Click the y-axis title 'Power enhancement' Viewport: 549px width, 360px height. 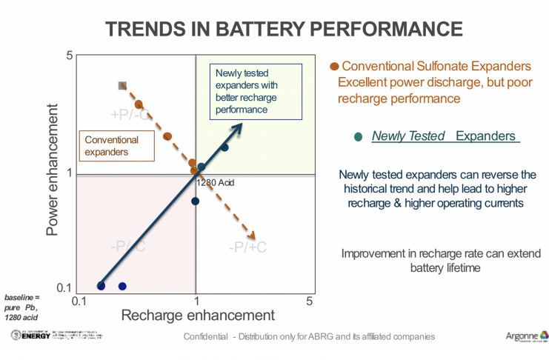click(x=53, y=175)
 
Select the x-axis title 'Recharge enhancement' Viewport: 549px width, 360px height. click(x=198, y=314)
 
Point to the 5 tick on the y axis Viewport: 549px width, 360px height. click(x=69, y=56)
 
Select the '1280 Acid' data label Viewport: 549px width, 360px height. click(x=216, y=182)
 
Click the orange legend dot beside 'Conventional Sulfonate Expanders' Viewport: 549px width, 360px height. click(x=333, y=67)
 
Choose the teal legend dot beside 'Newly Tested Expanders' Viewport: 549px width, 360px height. click(x=359, y=137)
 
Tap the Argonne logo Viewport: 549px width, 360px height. click(x=526, y=337)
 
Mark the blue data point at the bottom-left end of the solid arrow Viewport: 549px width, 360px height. click(x=102, y=286)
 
